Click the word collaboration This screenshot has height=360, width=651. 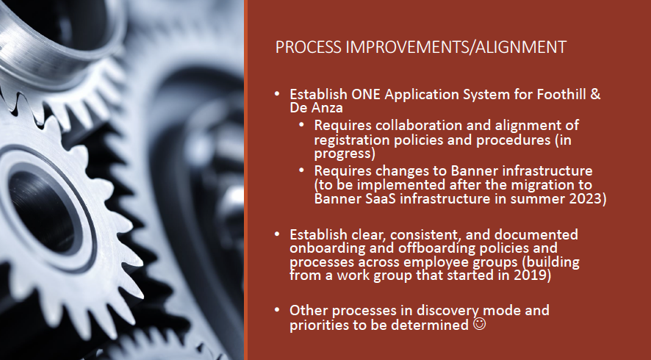403,126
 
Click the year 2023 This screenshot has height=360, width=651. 586,198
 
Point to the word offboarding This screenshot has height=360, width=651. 425,248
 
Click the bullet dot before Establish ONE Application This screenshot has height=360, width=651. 277,96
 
